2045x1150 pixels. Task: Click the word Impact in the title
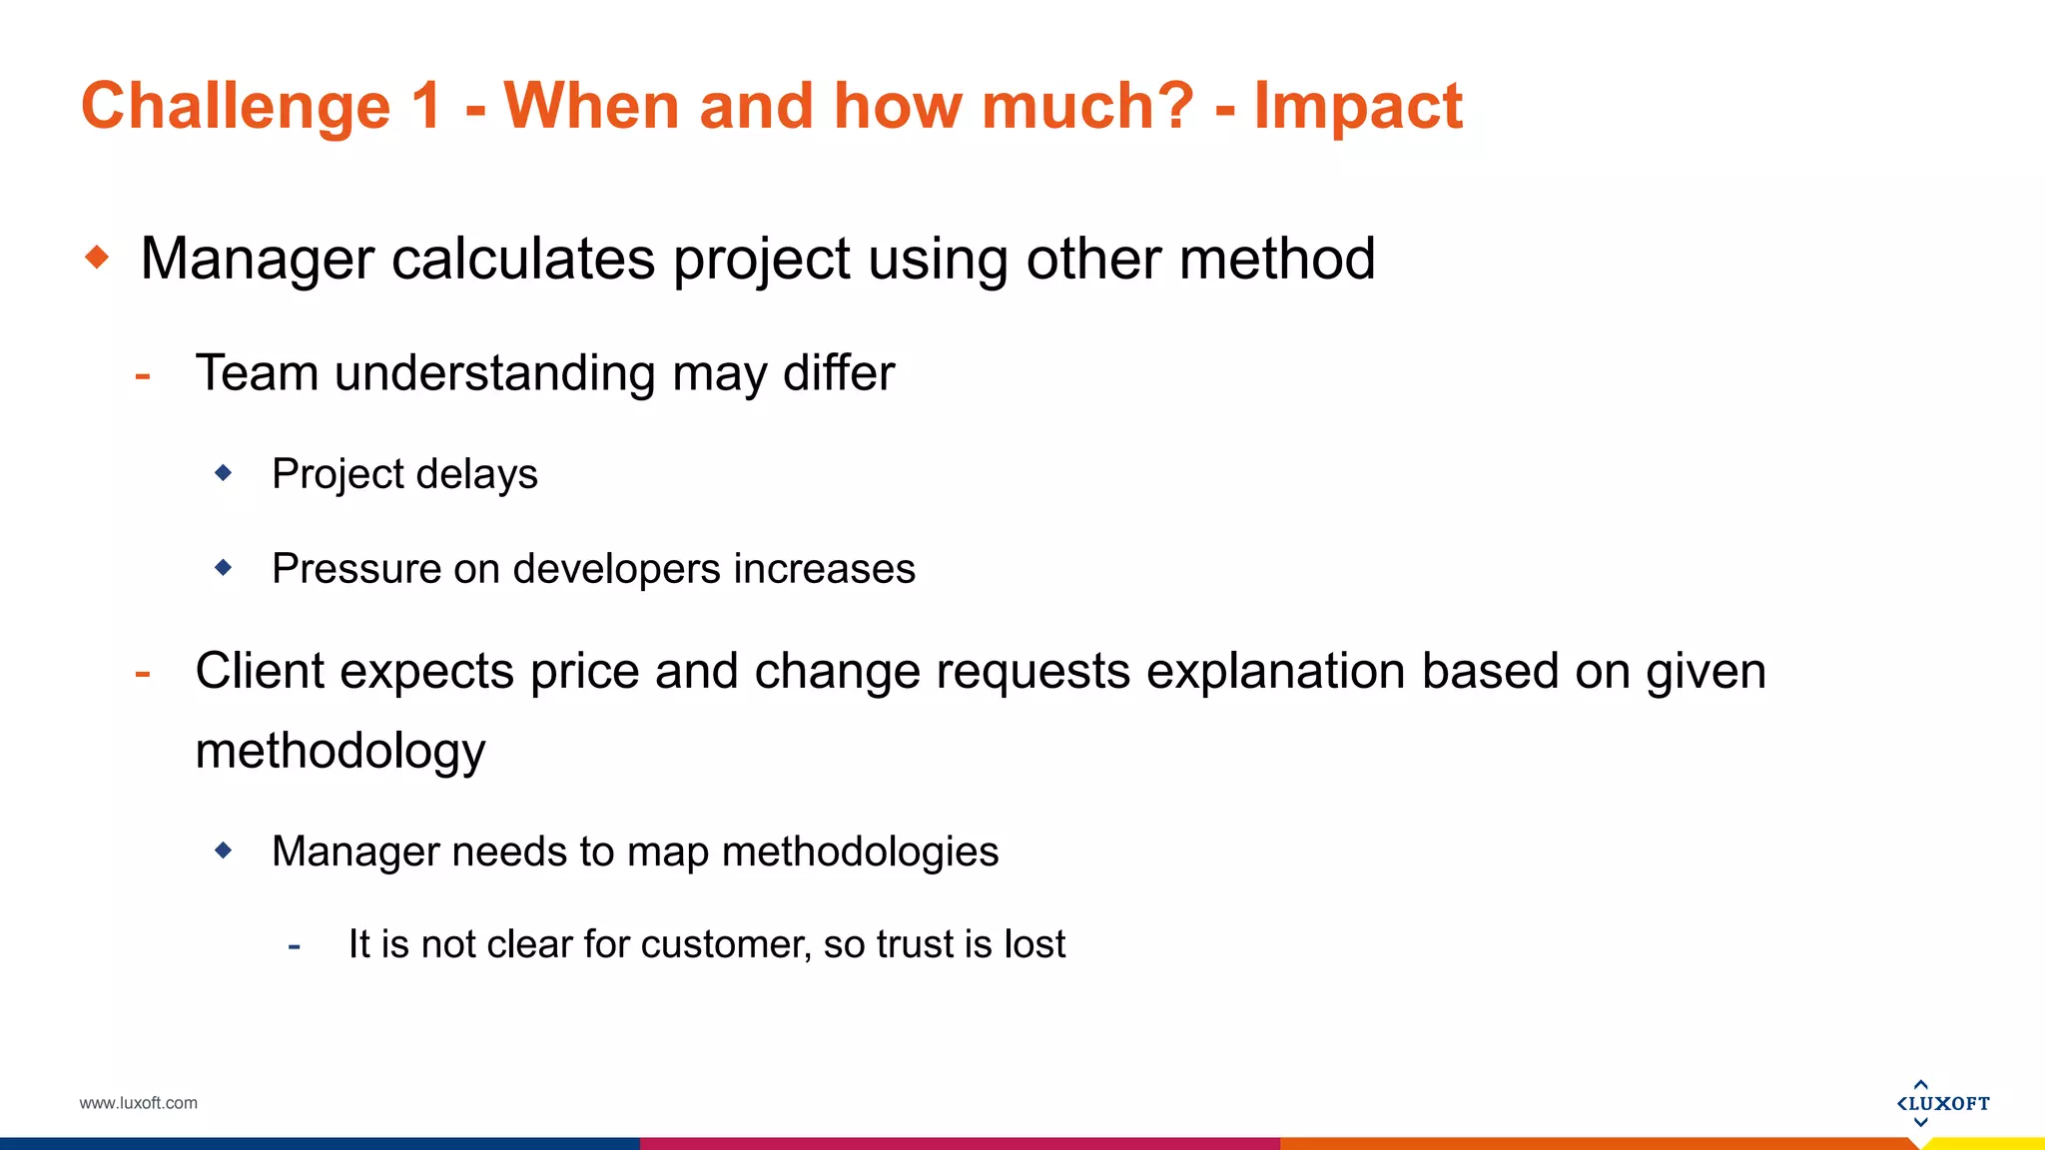[1358, 106]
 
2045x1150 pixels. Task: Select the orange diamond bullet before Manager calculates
[97, 258]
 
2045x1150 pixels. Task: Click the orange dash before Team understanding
[143, 376]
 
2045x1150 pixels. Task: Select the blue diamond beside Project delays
[224, 472]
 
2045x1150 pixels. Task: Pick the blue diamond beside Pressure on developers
[224, 567]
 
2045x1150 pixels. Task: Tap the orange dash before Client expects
[143, 674]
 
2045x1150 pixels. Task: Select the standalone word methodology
[341, 752]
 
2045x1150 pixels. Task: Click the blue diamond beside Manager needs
[224, 851]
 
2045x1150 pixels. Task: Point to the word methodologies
[860, 853]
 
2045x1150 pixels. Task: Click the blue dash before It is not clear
[294, 945]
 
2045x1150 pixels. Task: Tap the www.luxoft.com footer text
[139, 1103]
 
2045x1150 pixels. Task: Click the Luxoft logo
[1942, 1103]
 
